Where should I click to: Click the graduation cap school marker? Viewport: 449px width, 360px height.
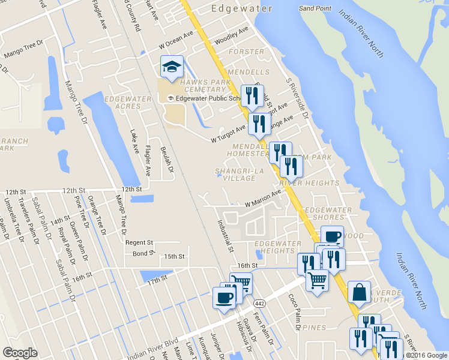(x=172, y=68)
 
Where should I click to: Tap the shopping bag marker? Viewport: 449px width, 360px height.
(x=359, y=293)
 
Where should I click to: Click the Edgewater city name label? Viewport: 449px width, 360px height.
(x=242, y=8)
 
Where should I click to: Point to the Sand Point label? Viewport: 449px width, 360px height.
(x=315, y=9)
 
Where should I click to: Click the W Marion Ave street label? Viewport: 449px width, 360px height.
(x=262, y=199)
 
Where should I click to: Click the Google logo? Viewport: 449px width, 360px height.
(x=20, y=352)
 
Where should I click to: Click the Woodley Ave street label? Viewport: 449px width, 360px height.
(x=231, y=35)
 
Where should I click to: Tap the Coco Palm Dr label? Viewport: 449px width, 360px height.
(x=294, y=307)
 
